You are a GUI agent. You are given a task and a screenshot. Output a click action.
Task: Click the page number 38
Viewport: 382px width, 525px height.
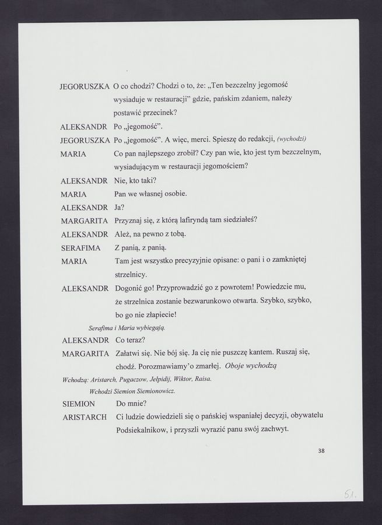[x=321, y=450]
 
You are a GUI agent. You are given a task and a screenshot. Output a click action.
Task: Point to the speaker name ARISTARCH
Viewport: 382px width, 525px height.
[x=82, y=416]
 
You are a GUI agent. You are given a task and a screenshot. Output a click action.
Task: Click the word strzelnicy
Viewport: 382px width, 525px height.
[x=131, y=274]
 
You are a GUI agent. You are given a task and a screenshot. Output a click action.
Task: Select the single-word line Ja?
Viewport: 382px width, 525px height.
[x=119, y=206]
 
